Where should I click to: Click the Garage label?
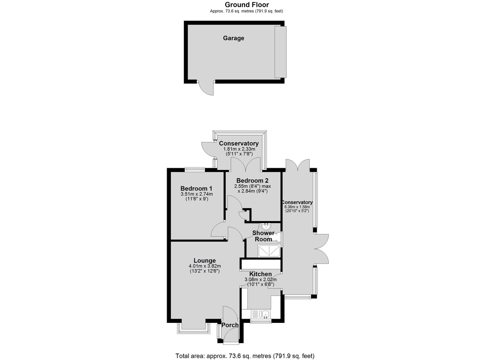tap(233, 38)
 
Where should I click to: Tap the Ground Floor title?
tap(247, 5)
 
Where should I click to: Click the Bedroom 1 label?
tap(196, 188)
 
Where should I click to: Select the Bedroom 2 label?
tap(252, 181)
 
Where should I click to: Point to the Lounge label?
tap(205, 261)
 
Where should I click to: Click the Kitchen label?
tap(261, 274)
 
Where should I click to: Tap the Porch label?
tap(230, 325)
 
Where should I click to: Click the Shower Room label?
tap(264, 236)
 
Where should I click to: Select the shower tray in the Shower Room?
tap(269, 251)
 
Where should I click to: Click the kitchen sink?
tap(264, 314)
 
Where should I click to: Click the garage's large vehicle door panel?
tap(280, 52)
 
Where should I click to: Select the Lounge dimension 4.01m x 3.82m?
tap(205, 266)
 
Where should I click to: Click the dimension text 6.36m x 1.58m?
tap(297, 207)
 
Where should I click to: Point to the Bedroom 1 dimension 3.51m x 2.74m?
tap(197, 194)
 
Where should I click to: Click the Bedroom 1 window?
tap(195, 169)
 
